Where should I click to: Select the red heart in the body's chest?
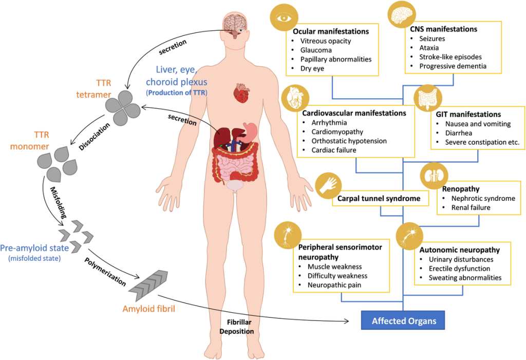(x=241, y=93)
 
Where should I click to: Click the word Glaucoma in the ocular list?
(x=316, y=50)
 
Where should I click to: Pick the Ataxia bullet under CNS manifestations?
(x=429, y=48)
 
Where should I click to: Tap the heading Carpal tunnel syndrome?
(x=379, y=198)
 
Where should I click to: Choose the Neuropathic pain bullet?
(x=334, y=285)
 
